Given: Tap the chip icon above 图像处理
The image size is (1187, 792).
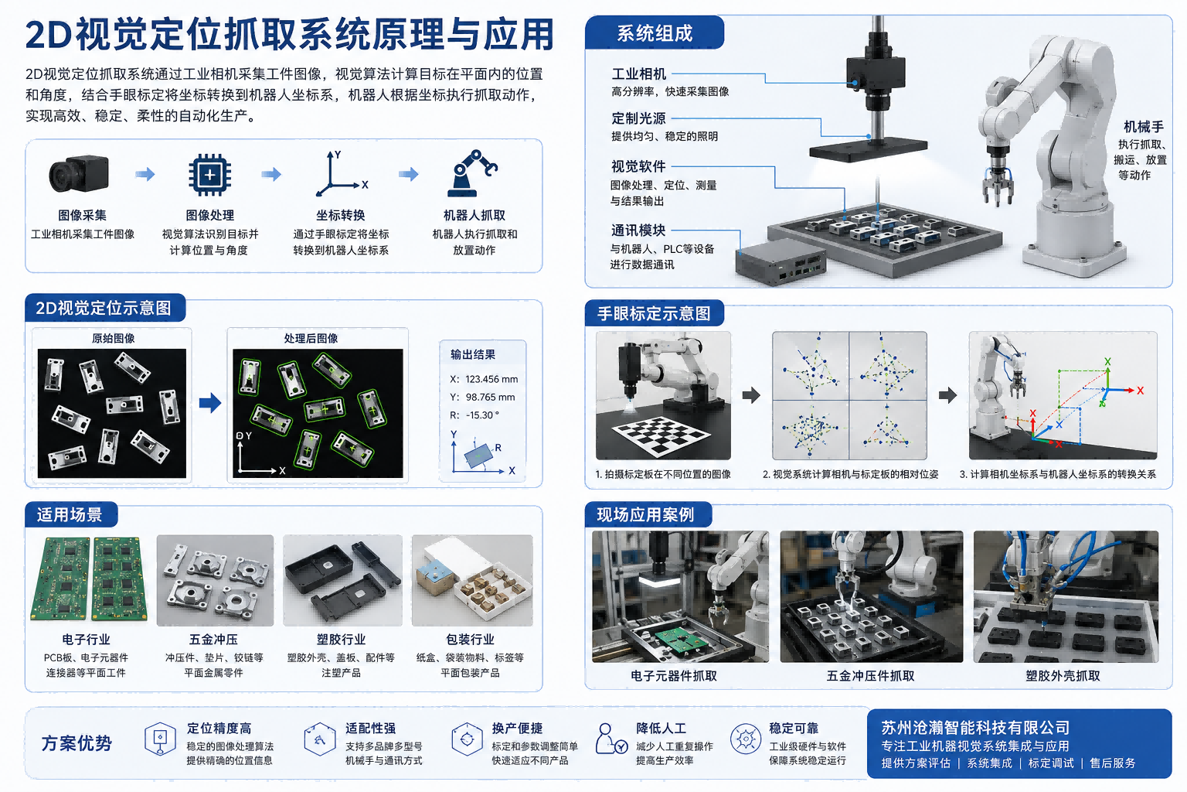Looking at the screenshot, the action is [210, 175].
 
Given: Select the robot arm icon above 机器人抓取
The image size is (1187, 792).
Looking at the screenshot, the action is [472, 173].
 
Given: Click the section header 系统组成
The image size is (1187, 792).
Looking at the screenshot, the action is [655, 33].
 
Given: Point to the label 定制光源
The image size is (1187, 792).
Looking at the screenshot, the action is [638, 118].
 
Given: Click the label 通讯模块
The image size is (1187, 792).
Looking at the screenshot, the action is [638, 230].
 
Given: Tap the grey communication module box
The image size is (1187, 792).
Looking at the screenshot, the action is [780, 260].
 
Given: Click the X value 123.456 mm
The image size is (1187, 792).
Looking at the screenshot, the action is [491, 379].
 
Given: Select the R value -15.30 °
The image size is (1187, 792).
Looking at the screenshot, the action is [482, 415].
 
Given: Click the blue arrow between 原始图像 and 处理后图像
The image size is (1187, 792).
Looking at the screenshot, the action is [210, 403].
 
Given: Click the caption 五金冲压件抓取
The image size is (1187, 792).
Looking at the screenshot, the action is [871, 676].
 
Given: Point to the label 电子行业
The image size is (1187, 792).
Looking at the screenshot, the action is [86, 639].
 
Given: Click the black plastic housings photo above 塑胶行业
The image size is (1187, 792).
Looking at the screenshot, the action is [342, 580].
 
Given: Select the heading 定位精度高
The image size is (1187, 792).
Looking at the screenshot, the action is [219, 729].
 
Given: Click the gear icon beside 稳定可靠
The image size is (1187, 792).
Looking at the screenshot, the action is [746, 739].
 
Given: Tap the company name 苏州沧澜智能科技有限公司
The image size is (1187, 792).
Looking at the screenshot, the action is [975, 727].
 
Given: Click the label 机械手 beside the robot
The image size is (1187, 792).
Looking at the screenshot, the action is [1144, 127].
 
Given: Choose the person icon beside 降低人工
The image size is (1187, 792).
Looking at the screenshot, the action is [611, 739].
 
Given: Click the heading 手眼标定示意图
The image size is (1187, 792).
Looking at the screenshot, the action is [654, 313].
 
